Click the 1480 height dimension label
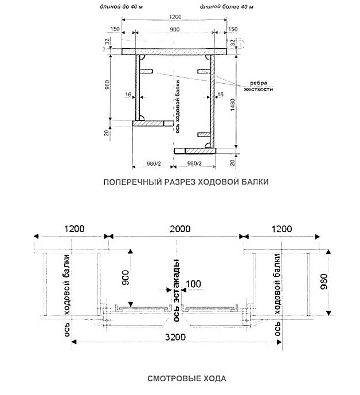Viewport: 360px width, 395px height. (233, 104)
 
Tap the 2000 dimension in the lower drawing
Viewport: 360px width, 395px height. (180, 229)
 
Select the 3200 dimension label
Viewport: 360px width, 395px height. (175, 337)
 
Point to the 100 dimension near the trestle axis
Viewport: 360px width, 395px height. (194, 284)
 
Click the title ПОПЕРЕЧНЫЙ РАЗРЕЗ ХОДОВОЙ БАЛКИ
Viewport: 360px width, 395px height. (186, 182)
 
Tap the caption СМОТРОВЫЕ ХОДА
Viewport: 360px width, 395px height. (187, 378)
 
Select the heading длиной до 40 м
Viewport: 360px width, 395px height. (121, 7)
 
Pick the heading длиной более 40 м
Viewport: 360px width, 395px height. (226, 7)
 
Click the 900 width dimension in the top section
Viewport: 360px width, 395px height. (174, 29)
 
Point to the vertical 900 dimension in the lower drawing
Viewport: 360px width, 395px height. (125, 277)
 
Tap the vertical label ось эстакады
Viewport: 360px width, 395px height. (177, 290)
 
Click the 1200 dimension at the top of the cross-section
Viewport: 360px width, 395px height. (175, 17)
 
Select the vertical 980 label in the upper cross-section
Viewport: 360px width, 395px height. (107, 85)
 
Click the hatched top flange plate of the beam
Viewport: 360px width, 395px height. (174, 52)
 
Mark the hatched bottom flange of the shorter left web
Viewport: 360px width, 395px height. (153, 123)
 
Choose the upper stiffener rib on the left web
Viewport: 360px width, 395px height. (146, 72)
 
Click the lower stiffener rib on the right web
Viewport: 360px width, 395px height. (204, 135)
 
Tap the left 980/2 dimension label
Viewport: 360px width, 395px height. (154, 164)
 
